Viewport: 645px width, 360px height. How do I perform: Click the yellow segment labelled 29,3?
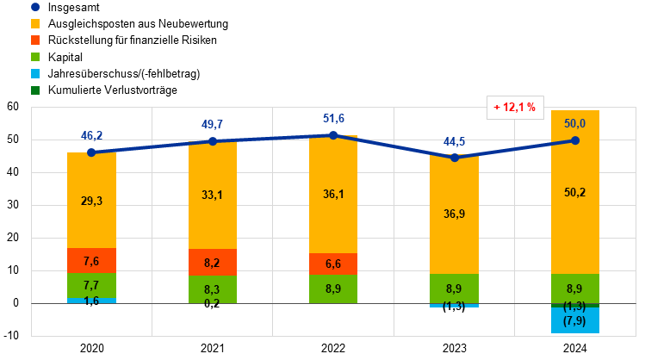(x=91, y=201)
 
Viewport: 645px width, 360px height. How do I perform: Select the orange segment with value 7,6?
(x=91, y=261)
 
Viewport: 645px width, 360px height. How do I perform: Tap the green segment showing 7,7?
(x=91, y=285)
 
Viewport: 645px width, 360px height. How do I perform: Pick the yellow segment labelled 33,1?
(x=213, y=196)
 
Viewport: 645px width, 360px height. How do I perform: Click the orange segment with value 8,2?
(x=213, y=263)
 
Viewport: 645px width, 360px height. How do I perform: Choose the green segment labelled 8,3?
(x=213, y=289)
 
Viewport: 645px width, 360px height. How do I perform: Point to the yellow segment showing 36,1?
(x=333, y=195)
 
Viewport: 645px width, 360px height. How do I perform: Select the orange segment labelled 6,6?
(x=333, y=264)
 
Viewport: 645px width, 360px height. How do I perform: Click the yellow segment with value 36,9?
(x=455, y=214)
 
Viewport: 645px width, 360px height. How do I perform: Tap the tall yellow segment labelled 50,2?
(x=575, y=192)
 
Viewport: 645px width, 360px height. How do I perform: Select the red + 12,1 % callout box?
(x=515, y=108)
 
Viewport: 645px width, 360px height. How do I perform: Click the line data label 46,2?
(x=91, y=136)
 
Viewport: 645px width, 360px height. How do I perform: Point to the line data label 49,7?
(x=213, y=125)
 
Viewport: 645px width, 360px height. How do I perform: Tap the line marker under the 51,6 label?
(x=333, y=134)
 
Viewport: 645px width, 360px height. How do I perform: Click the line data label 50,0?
(x=575, y=124)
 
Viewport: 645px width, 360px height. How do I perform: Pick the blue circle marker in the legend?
(x=35, y=7)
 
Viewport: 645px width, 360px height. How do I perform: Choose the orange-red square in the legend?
(x=35, y=40)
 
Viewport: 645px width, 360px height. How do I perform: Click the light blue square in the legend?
(x=35, y=73)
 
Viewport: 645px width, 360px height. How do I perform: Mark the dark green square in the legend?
(x=35, y=90)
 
